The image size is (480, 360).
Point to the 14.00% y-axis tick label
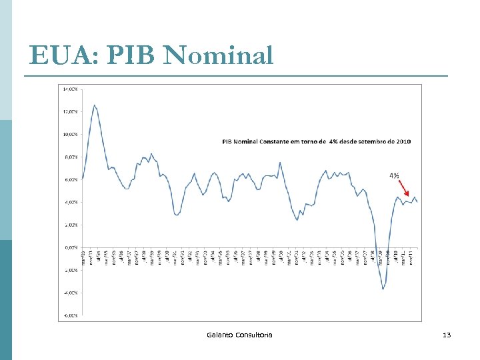click(70, 89)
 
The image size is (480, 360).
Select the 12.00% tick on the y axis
click(70, 111)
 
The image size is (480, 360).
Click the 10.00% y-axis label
click(70, 134)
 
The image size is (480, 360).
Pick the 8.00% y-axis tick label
click(70, 157)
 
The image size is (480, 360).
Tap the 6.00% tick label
click(70, 179)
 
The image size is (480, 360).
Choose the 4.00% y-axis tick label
click(70, 202)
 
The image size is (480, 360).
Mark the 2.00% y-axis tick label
click(70, 225)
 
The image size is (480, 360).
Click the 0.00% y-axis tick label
click(70, 247)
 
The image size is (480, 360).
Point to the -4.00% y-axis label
click(70, 293)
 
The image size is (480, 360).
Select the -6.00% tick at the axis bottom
click(70, 315)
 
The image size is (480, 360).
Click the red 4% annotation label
click(394, 175)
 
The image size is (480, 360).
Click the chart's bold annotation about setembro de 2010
click(316, 141)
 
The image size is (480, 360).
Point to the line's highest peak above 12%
click(95, 105)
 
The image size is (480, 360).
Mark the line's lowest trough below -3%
click(383, 289)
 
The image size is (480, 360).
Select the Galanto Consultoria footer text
click(239, 334)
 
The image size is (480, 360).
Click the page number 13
click(447, 334)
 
